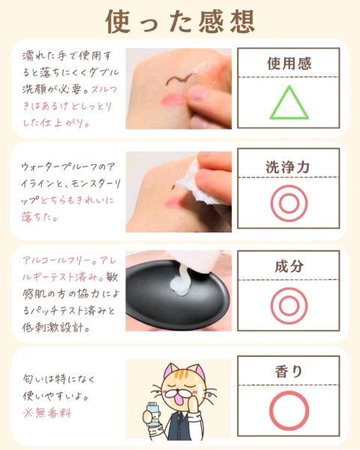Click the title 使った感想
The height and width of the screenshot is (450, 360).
pyautogui.click(x=180, y=22)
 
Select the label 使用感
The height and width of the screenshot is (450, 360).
pyautogui.click(x=289, y=64)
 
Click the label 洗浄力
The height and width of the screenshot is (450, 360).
pyautogui.click(x=288, y=167)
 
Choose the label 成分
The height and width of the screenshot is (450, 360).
pyautogui.click(x=289, y=266)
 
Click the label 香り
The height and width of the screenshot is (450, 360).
pyautogui.click(x=289, y=371)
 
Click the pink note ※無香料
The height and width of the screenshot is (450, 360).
pyautogui.click(x=47, y=413)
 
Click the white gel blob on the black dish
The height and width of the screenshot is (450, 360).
pyautogui.click(x=180, y=283)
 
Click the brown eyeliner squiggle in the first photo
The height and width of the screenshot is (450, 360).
pyautogui.click(x=178, y=79)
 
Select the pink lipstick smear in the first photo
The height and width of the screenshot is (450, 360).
pyautogui.click(x=173, y=99)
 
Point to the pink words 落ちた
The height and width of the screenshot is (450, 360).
pyautogui.click(x=40, y=217)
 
